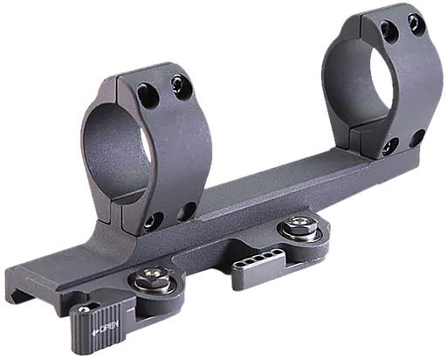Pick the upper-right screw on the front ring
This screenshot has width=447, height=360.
click(x=181, y=83)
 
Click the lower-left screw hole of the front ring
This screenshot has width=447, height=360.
click(x=155, y=219)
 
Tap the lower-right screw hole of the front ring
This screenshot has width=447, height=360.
click(x=187, y=211)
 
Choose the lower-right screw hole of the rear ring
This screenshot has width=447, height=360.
click(x=416, y=136)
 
